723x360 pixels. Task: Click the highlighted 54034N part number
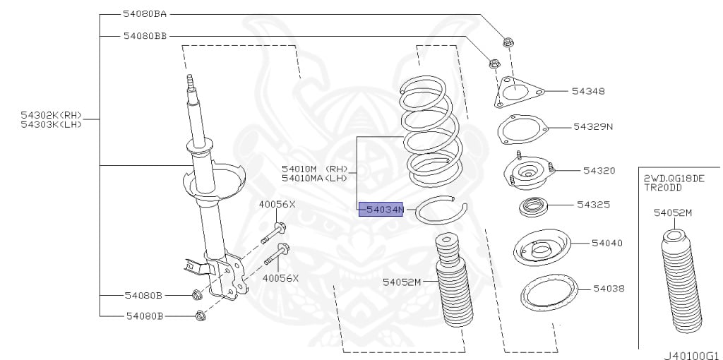click(381, 210)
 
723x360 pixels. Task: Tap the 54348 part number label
click(588, 91)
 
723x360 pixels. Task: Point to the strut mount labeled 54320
click(529, 174)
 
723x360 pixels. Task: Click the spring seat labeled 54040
click(541, 248)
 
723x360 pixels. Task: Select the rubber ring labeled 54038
click(549, 291)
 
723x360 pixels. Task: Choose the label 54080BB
click(145, 35)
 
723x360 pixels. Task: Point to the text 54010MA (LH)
click(314, 178)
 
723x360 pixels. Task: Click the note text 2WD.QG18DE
click(673, 179)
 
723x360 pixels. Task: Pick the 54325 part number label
click(593, 205)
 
